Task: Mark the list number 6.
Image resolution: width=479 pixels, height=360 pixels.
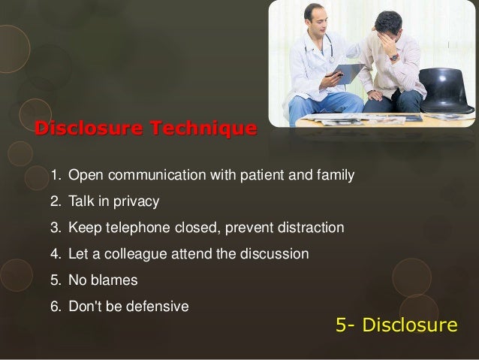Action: click(55, 307)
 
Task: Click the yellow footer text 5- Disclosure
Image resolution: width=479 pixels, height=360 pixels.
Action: click(396, 325)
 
